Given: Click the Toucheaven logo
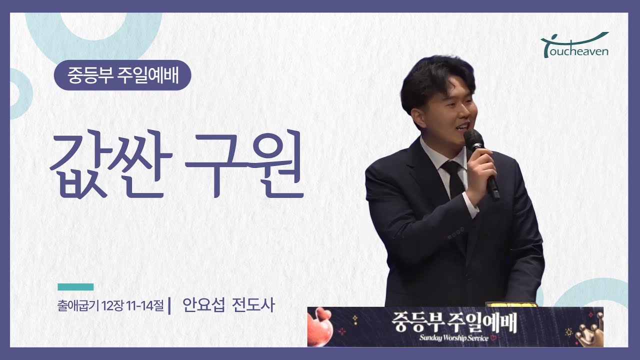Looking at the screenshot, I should coord(575,45).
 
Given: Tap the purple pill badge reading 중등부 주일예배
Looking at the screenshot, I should coord(122,75).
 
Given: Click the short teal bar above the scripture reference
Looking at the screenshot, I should coord(75,287).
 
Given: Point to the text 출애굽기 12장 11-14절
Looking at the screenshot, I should coord(111,305).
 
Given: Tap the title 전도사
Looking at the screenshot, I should coord(253,305).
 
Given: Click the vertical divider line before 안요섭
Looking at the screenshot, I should coord(170,305).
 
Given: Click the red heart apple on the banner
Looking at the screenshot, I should coord(320,327).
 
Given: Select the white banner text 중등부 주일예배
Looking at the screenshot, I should coord(454,322).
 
